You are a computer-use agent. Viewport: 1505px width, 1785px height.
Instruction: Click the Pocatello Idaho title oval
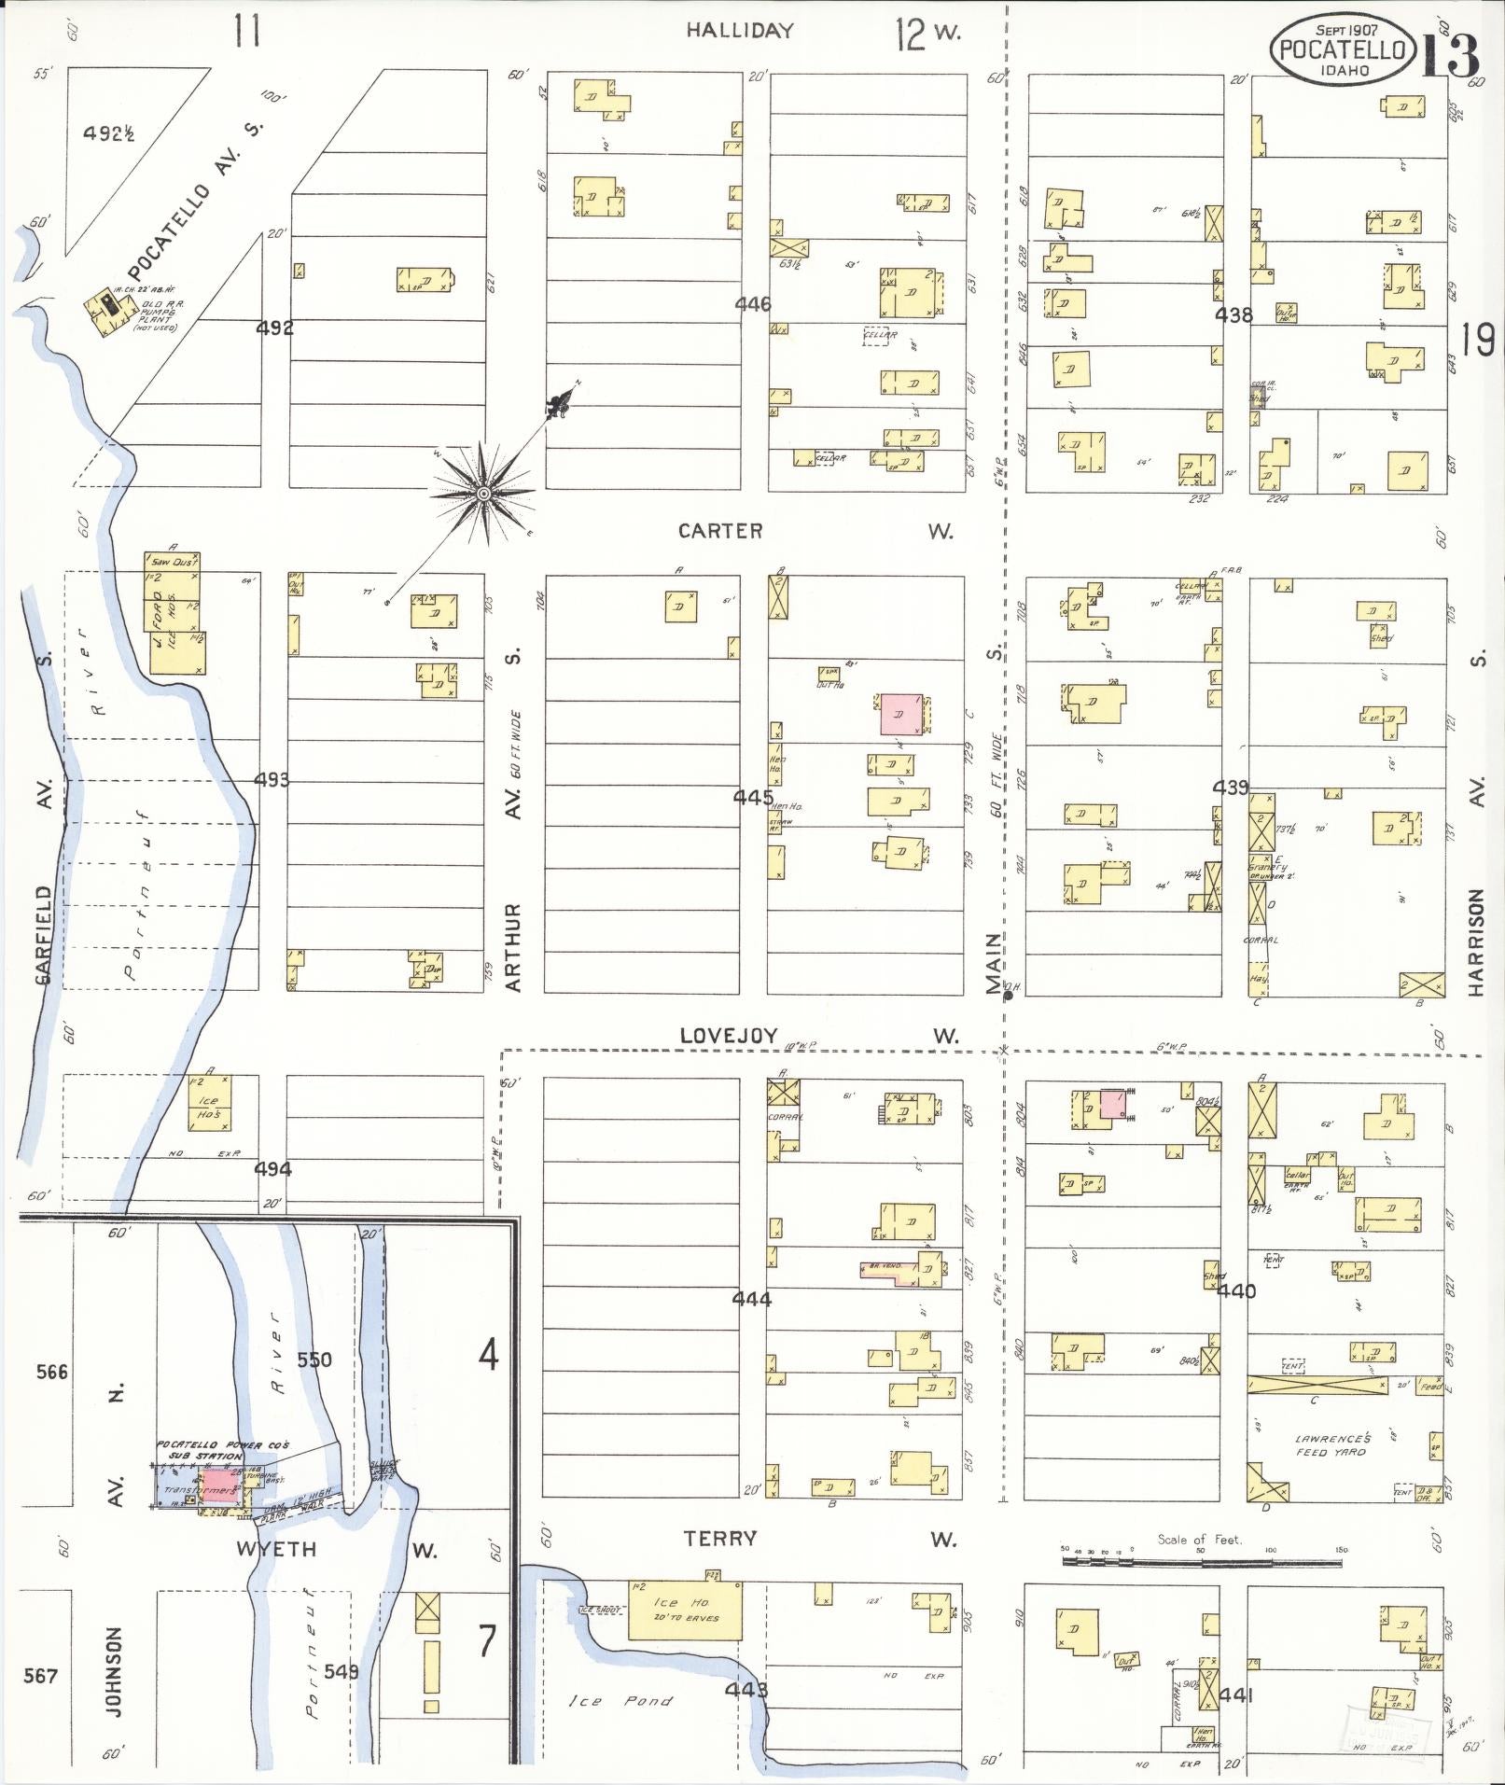click(1342, 49)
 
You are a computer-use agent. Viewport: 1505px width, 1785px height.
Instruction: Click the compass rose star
click(483, 493)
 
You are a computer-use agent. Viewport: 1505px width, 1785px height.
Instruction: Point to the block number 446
click(752, 304)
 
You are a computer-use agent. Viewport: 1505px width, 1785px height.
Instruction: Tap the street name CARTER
click(719, 531)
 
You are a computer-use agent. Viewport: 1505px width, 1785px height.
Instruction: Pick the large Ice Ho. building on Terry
click(686, 1610)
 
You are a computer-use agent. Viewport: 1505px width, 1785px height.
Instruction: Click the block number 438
click(1233, 315)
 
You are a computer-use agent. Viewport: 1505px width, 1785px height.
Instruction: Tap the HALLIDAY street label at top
click(740, 31)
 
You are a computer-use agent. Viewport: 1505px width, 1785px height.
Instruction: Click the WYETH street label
click(276, 1550)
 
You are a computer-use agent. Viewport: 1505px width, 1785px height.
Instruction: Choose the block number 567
click(40, 1676)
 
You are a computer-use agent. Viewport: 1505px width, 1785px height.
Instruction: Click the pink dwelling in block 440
click(1113, 1104)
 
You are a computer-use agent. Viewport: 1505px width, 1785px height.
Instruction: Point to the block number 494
click(272, 1168)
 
